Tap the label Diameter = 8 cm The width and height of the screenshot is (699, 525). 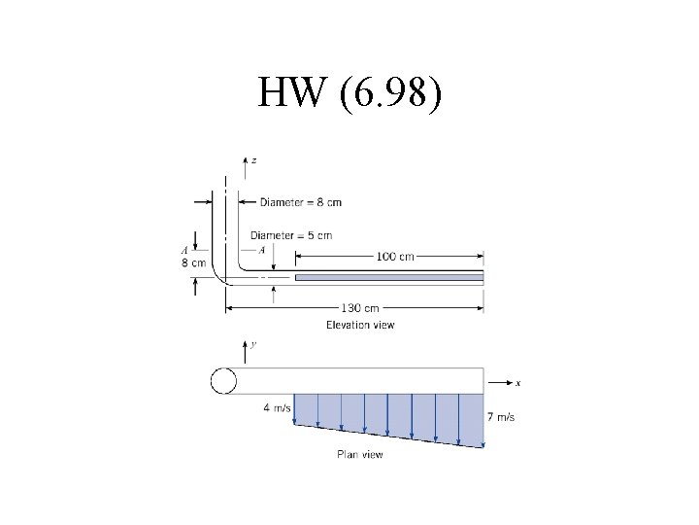(300, 202)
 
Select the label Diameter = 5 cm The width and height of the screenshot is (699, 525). (290, 235)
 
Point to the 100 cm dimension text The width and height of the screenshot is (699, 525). (395, 257)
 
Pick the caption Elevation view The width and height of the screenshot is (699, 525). (360, 325)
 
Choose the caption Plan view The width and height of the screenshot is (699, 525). (359, 454)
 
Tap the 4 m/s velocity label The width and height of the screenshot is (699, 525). (277, 408)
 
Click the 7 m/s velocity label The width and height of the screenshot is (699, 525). (501, 417)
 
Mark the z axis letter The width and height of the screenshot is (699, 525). (254, 160)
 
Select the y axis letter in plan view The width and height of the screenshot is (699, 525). (253, 344)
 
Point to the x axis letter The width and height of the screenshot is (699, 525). (517, 383)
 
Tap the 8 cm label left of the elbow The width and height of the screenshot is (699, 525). (193, 262)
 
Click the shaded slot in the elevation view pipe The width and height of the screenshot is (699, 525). (388, 278)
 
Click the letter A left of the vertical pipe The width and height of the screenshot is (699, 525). (183, 249)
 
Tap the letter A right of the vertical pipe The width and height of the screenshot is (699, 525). (262, 249)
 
